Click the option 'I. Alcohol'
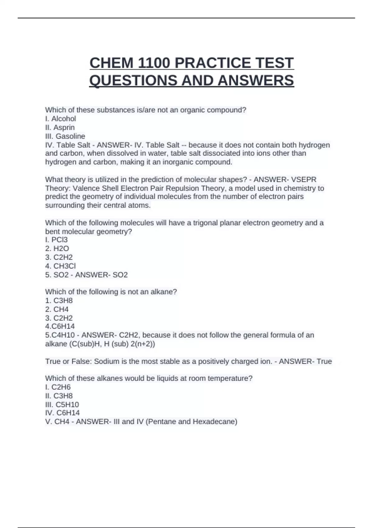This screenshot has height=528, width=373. click(61, 119)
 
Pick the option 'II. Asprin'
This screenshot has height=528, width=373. click(60, 127)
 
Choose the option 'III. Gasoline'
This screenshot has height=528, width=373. click(65, 136)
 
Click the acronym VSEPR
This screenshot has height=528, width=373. click(304, 180)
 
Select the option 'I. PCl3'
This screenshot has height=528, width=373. click(56, 240)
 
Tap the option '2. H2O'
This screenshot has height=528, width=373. click(57, 248)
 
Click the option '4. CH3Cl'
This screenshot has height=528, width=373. click(61, 266)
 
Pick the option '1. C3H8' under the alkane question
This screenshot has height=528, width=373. click(59, 301)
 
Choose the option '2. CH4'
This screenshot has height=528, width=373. click(57, 309)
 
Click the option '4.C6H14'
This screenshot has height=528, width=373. click(60, 326)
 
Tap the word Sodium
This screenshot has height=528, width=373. click(106, 361)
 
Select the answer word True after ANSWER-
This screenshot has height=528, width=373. click(324, 361)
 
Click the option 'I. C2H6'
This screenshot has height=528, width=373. click(58, 387)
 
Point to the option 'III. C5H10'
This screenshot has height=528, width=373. click(62, 404)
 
